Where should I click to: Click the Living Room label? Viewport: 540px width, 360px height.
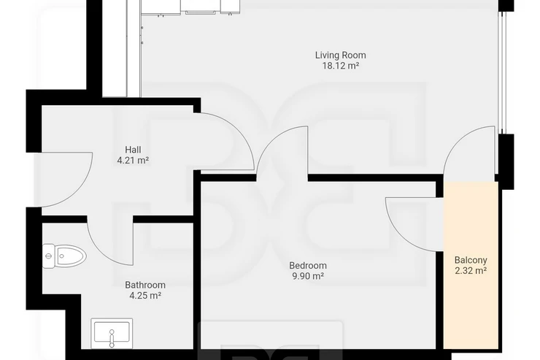point(340,55)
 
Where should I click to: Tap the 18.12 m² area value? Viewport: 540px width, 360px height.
point(341,66)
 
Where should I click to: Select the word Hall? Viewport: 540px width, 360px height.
point(133,150)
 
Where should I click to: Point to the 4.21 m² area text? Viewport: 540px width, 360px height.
point(133,160)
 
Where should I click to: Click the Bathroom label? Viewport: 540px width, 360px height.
point(145,285)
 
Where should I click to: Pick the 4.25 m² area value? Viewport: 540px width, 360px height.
point(145,295)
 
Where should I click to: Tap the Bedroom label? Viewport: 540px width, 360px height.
point(308,266)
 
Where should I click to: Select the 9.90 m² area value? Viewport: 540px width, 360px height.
point(308,276)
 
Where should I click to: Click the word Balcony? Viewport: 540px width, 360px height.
point(471,260)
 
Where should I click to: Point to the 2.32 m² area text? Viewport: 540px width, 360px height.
point(471,271)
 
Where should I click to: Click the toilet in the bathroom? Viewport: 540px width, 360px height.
point(64,256)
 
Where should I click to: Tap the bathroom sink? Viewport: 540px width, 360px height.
point(112,333)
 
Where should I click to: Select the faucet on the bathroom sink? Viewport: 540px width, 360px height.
point(112,338)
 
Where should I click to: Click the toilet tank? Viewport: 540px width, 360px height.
point(48,256)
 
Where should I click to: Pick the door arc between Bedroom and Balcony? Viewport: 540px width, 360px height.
point(399,235)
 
